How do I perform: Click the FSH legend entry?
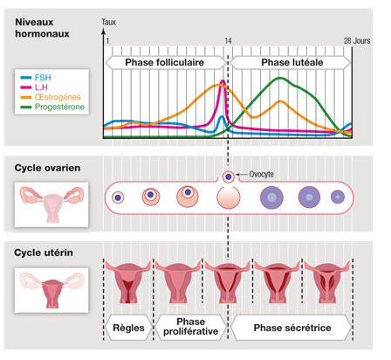[36, 78]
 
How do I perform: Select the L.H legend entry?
[34, 87]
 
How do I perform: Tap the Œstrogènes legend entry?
[51, 97]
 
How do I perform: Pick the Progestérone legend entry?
[52, 107]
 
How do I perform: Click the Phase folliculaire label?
[165, 62]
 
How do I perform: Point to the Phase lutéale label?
[292, 62]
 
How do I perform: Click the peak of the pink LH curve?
[223, 81]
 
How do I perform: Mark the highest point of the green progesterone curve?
[280, 78]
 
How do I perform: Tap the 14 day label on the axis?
[228, 41]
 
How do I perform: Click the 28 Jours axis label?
[357, 41]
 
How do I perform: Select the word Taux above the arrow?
[109, 22]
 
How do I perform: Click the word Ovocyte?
[262, 174]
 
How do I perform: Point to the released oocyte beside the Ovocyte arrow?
[229, 177]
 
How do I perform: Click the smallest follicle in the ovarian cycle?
[118, 197]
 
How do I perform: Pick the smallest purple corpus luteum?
[338, 197]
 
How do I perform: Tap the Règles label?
[128, 328]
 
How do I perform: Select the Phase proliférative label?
[191, 327]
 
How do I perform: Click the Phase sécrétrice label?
[292, 328]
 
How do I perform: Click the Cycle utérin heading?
[44, 253]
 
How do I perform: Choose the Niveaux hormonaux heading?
[42, 28]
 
